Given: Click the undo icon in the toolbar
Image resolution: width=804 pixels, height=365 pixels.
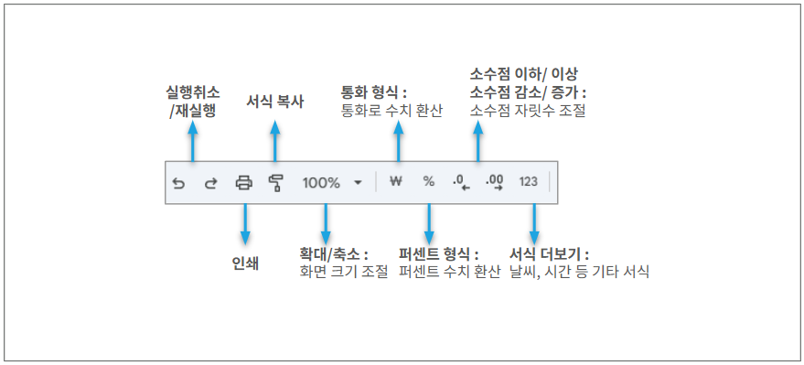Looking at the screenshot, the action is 178,183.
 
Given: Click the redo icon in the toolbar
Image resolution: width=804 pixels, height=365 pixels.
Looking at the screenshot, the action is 210,183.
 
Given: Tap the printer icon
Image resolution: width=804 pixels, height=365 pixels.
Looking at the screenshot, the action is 243,183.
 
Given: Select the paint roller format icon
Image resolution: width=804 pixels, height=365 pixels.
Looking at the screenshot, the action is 276,183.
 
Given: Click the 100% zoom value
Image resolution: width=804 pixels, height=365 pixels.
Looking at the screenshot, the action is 321,183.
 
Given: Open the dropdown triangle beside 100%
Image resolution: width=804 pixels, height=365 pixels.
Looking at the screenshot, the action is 358,183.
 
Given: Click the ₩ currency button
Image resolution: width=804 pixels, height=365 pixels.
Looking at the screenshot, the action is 395,181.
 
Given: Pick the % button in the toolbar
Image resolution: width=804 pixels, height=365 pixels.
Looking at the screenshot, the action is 429,181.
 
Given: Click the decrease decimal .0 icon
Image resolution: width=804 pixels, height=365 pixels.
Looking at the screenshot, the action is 462,183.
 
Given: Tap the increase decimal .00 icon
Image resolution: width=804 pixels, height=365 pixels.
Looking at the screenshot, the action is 495,183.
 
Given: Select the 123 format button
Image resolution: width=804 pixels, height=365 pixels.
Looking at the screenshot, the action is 528,181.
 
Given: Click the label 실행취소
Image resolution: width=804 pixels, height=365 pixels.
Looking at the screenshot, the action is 192,92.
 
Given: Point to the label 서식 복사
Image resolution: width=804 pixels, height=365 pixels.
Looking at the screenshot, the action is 274,102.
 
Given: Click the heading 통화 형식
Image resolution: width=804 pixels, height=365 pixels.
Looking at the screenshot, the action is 370,92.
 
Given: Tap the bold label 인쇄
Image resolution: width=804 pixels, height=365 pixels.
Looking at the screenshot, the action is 245,263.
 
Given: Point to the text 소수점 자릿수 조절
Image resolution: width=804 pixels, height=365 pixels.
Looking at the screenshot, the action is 528,111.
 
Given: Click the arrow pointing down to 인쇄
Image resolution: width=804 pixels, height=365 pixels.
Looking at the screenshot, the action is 245,224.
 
